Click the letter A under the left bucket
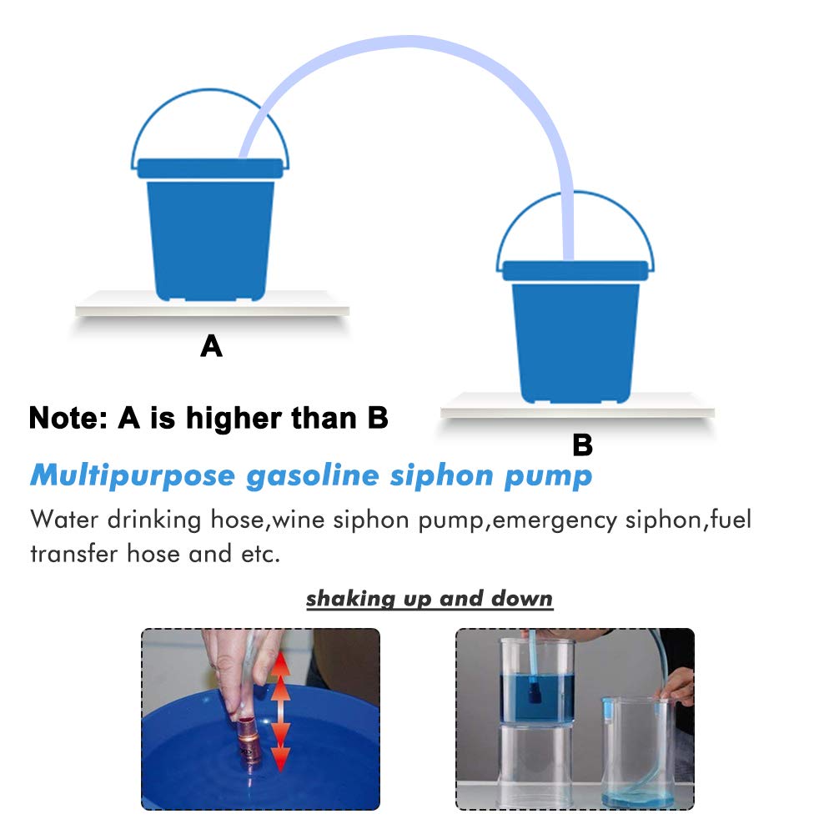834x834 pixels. [x=212, y=345]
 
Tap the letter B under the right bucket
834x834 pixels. [x=582, y=445]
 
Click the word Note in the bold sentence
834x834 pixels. [x=69, y=417]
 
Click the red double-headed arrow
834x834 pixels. [x=280, y=710]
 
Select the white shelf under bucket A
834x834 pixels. [x=212, y=308]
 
